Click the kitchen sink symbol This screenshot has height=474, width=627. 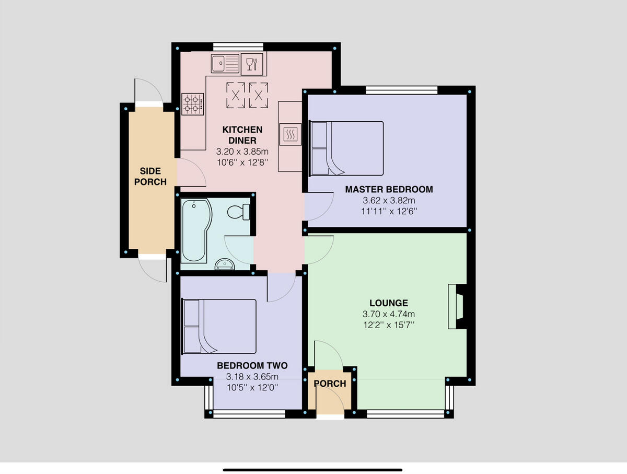(225, 64)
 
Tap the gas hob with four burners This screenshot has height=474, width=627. (192, 103)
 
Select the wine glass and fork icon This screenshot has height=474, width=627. (252, 64)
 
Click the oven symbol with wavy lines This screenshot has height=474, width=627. (291, 134)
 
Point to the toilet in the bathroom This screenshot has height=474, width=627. (239, 212)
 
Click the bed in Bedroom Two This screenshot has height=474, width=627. (219, 326)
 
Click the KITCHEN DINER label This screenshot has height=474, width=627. (242, 135)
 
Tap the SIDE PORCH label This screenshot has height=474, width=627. (150, 177)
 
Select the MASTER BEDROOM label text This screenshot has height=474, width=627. (389, 189)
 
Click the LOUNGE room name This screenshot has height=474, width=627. (388, 303)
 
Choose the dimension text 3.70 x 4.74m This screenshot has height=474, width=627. (388, 314)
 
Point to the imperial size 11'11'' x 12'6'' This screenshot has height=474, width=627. (389, 211)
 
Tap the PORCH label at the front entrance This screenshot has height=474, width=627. (330, 384)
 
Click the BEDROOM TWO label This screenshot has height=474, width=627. (252, 365)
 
